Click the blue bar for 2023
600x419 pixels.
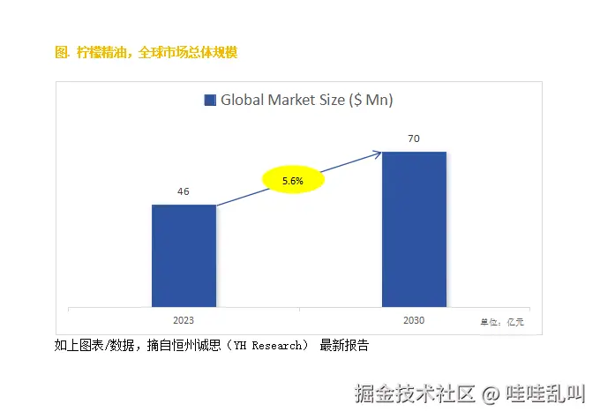coord(184,256)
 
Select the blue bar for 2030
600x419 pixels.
coord(414,229)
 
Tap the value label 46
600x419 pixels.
coord(184,191)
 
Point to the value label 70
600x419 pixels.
coord(414,138)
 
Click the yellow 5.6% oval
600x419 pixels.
coord(293,181)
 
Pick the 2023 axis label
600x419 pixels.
coord(184,321)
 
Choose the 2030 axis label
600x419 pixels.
coord(414,320)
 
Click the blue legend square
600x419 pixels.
coord(210,101)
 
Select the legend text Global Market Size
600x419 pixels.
coord(282,101)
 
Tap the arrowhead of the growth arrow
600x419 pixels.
coord(378,154)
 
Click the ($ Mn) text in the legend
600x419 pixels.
coord(371,101)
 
